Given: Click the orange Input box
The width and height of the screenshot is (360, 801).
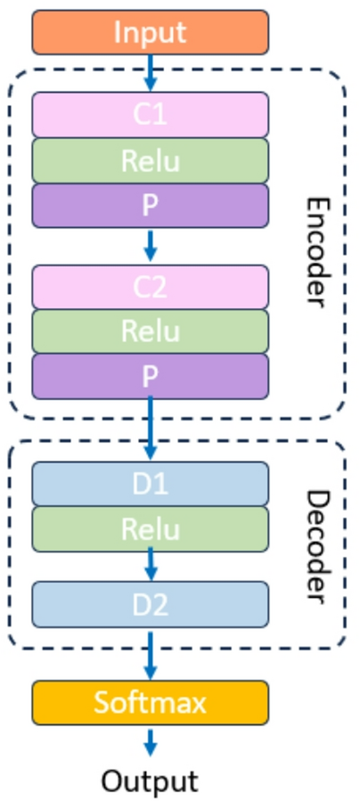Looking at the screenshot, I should click(x=150, y=32).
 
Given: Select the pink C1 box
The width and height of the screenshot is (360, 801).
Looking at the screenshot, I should click(x=150, y=114).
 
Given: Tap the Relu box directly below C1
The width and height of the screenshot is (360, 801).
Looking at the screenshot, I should click(x=150, y=160).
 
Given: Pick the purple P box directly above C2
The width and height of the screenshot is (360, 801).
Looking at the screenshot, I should click(x=150, y=205).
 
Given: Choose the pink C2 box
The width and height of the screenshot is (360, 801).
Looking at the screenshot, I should click(x=150, y=287).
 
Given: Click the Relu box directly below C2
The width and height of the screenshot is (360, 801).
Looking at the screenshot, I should click(x=150, y=331).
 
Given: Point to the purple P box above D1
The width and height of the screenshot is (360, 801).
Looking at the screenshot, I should click(x=150, y=376).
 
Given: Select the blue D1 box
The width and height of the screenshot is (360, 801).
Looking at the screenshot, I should click(x=150, y=484).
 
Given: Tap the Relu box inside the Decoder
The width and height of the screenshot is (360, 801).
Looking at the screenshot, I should click(x=150, y=528).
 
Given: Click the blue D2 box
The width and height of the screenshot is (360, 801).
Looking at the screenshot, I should click(x=150, y=604).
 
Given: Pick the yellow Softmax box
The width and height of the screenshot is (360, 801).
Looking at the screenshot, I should click(x=150, y=702).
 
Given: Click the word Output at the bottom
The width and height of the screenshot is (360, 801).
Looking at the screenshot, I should click(x=149, y=781).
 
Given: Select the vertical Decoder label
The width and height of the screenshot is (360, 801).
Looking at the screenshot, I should click(x=316, y=544).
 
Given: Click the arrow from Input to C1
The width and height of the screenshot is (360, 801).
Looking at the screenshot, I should click(x=150, y=72).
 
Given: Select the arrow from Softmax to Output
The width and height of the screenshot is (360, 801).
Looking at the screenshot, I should click(x=150, y=742).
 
